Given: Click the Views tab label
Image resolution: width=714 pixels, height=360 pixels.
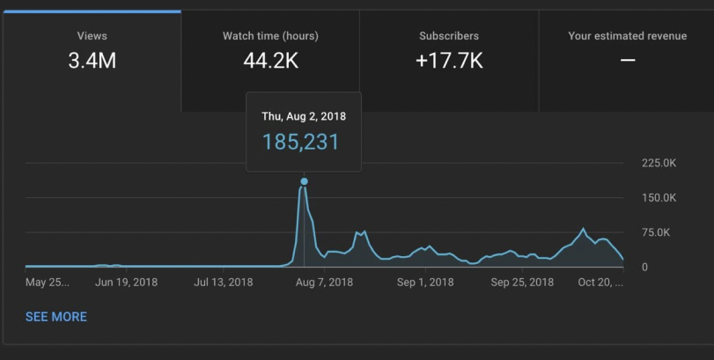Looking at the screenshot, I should point(92,36).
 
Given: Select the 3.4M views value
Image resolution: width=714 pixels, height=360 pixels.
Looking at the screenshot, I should point(92,61).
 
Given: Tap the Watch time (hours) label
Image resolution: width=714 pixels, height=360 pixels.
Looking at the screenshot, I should point(270,36).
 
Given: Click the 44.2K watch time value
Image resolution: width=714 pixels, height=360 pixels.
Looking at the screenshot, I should point(270,61).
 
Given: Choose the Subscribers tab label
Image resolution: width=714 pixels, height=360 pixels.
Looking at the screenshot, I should point(449,36).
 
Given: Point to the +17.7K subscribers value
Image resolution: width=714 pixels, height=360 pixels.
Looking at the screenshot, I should point(449,61).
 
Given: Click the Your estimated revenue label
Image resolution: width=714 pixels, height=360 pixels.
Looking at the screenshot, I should point(627,36).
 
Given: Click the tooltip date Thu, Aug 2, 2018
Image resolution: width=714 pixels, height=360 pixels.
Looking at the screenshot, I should point(304,116).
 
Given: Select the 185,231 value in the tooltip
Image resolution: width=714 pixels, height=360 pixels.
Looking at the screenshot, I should point(300,142).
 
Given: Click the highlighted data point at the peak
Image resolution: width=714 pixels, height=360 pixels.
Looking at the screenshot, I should point(305,181).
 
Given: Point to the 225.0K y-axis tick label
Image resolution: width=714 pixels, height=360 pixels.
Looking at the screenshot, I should point(659,164).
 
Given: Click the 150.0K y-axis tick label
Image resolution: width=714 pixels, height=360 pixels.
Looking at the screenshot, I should point(659,198).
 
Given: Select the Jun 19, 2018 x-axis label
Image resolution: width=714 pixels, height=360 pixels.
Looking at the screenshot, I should point(126,283).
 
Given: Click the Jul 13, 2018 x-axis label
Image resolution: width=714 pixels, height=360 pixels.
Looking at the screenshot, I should point(223,283).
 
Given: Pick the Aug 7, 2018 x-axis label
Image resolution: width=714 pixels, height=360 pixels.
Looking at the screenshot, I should point(324,283).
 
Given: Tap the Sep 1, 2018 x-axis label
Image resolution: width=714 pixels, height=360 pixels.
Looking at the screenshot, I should point(425,283).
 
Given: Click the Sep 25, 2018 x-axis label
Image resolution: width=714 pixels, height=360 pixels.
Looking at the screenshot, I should point(522,283).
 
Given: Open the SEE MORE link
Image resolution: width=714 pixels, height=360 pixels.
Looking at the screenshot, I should point(56,317).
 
